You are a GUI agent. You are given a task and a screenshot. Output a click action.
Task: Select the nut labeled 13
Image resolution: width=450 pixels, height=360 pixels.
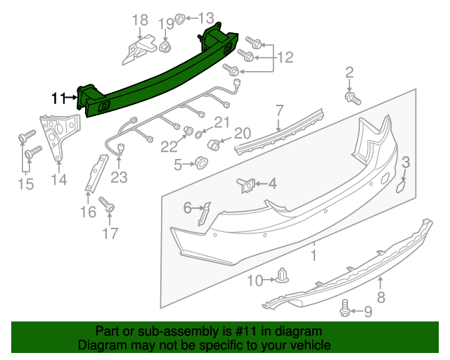tap(179, 17)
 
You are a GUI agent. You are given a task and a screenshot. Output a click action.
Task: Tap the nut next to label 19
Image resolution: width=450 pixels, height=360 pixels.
tap(166, 47)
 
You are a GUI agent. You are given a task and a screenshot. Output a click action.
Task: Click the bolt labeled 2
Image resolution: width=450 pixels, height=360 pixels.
tap(352, 97)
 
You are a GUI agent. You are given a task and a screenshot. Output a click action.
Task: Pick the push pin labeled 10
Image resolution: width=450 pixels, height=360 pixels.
tap(283, 276)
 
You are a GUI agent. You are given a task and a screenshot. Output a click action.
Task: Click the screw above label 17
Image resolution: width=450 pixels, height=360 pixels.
tap(108, 204)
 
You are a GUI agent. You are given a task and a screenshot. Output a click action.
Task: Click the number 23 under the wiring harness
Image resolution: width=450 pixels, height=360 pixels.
tap(119, 178)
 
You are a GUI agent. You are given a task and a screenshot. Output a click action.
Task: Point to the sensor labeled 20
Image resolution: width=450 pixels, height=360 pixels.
tap(215, 145)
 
